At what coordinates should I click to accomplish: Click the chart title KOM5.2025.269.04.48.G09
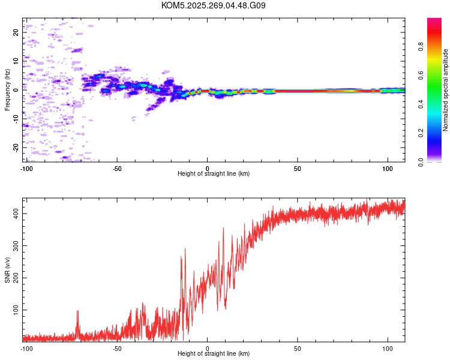click(214, 5)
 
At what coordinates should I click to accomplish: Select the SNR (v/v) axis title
click(7, 270)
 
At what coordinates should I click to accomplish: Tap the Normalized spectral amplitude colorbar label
click(446, 90)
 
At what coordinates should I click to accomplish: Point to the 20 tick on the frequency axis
click(16, 32)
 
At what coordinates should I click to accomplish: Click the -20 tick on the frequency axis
click(16, 147)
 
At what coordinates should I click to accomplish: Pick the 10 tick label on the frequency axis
click(16, 61)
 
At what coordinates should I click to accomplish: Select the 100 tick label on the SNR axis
click(14, 310)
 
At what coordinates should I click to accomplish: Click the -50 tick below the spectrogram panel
click(117, 168)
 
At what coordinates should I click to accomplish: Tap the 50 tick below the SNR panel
click(298, 348)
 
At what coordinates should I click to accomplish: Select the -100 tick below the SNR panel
click(26, 348)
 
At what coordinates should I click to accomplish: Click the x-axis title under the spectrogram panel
click(214, 174)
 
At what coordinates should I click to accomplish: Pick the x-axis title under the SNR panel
click(214, 354)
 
